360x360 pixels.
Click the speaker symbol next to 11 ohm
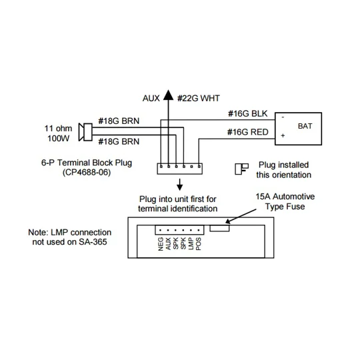coord(85,132)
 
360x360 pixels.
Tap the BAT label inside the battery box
coord(305,126)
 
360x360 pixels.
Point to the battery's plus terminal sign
coord(283,135)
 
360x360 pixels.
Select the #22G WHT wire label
coord(199,98)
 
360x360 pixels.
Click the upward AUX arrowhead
coord(168,95)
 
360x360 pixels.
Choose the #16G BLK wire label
coord(248,113)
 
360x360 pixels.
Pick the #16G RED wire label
coord(248,132)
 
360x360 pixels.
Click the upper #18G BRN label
coord(119,121)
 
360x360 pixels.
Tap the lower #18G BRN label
coord(119,141)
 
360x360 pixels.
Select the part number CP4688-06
coord(87,172)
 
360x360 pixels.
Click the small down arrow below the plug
coord(180,185)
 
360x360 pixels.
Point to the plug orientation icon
coord(242,169)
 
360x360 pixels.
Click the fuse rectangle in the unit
coord(219,228)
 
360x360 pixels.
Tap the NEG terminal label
coord(161,244)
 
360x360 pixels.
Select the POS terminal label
coord(199,244)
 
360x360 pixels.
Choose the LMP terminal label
coord(191,244)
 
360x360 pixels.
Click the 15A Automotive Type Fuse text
coord(285,201)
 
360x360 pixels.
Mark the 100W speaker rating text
coord(58,139)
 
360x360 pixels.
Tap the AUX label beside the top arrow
coord(151,98)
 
